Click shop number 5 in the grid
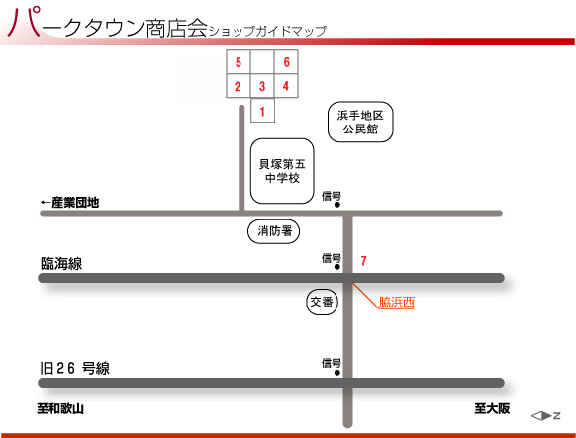pyautogui.click(x=239, y=62)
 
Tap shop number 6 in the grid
pyautogui.click(x=286, y=62)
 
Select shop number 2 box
pyautogui.click(x=239, y=86)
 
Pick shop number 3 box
pyautogui.click(x=262, y=86)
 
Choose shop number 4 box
pyautogui.click(x=286, y=86)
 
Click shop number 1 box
pyautogui.click(x=262, y=110)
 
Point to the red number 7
pyautogui.click(x=363, y=261)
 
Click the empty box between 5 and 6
pyautogui.click(x=262, y=62)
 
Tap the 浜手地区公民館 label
pyautogui.click(x=360, y=122)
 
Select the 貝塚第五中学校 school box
pyautogui.click(x=282, y=171)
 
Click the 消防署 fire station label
pyautogui.click(x=274, y=231)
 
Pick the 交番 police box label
pyautogui.click(x=322, y=302)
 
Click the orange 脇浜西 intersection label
pyautogui.click(x=396, y=303)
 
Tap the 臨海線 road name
pyautogui.click(x=61, y=263)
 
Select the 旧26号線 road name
pyautogui.click(x=74, y=368)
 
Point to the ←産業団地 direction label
pyautogui.click(x=69, y=202)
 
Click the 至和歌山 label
pyautogui.click(x=60, y=408)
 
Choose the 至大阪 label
pyautogui.click(x=492, y=408)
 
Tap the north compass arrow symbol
pyautogui.click(x=545, y=416)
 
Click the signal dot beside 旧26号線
pyautogui.click(x=337, y=373)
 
